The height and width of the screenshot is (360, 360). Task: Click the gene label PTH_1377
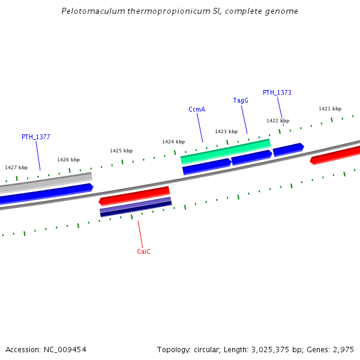pyautogui.click(x=35, y=137)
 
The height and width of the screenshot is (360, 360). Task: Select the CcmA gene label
pyautogui.click(x=197, y=109)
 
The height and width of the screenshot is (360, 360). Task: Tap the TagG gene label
pyautogui.click(x=241, y=100)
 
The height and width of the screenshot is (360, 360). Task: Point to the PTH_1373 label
pyautogui.click(x=277, y=92)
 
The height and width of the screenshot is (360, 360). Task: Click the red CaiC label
pyautogui.click(x=143, y=251)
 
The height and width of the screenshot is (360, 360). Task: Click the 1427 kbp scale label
pyautogui.click(x=16, y=167)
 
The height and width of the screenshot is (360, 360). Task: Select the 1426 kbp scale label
pyautogui.click(x=68, y=160)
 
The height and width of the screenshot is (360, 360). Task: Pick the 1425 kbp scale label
pyautogui.click(x=121, y=151)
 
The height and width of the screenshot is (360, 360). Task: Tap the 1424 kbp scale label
pyautogui.click(x=173, y=142)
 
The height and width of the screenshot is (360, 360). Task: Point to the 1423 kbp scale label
pyautogui.click(x=226, y=131)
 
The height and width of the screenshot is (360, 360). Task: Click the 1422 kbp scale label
pyautogui.click(x=278, y=121)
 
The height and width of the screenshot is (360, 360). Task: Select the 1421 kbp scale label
pyautogui.click(x=330, y=109)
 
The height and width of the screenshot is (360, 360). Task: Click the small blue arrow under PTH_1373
pyautogui.click(x=288, y=149)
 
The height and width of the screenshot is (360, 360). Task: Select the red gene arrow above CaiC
pyautogui.click(x=134, y=195)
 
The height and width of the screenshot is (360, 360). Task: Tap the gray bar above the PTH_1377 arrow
pyautogui.click(x=45, y=182)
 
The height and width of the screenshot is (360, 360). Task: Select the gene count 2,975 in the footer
pyautogui.click(x=343, y=349)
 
